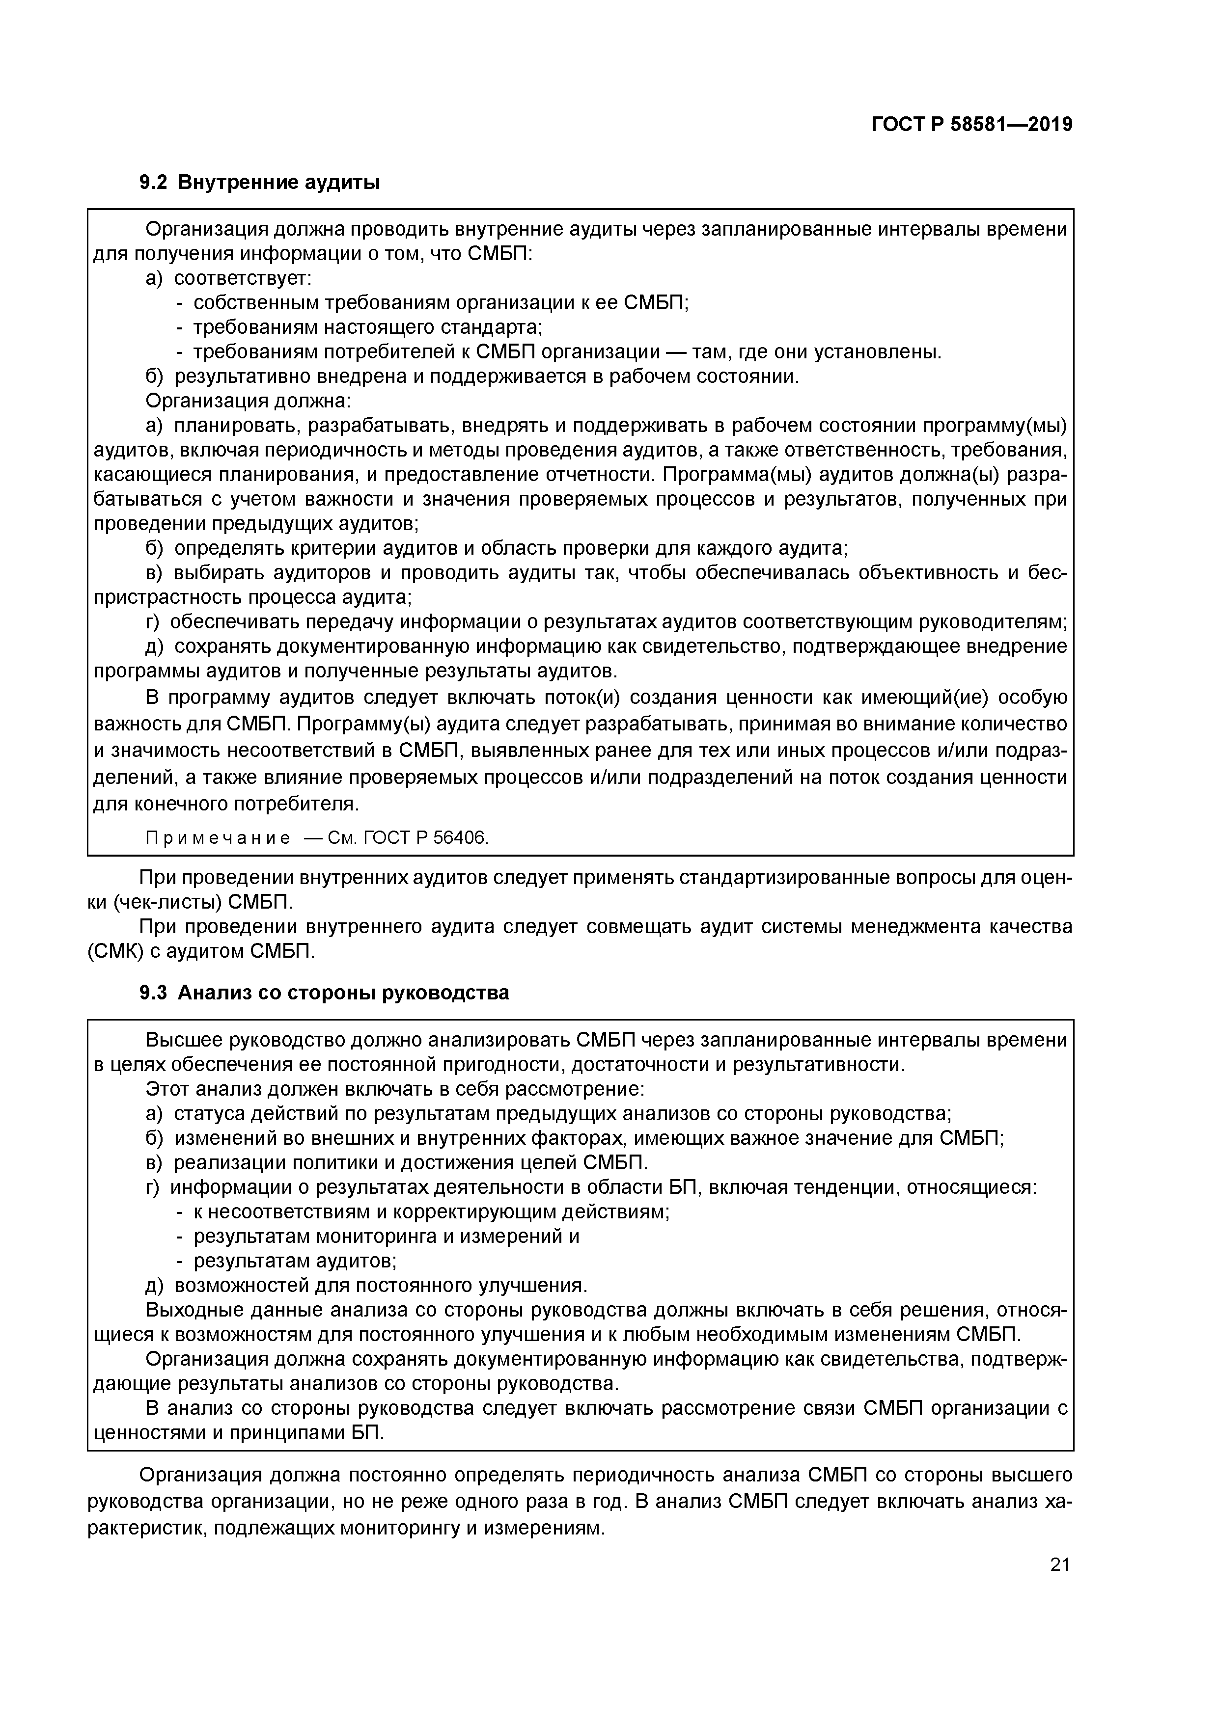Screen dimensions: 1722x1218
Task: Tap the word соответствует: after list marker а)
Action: pos(243,278)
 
